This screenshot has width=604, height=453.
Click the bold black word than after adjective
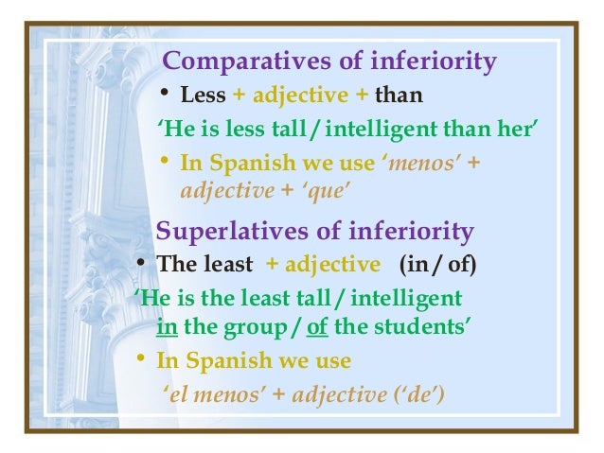coord(399,96)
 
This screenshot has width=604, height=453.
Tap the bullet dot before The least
coord(139,262)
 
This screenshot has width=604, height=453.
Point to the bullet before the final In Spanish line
coord(139,360)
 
